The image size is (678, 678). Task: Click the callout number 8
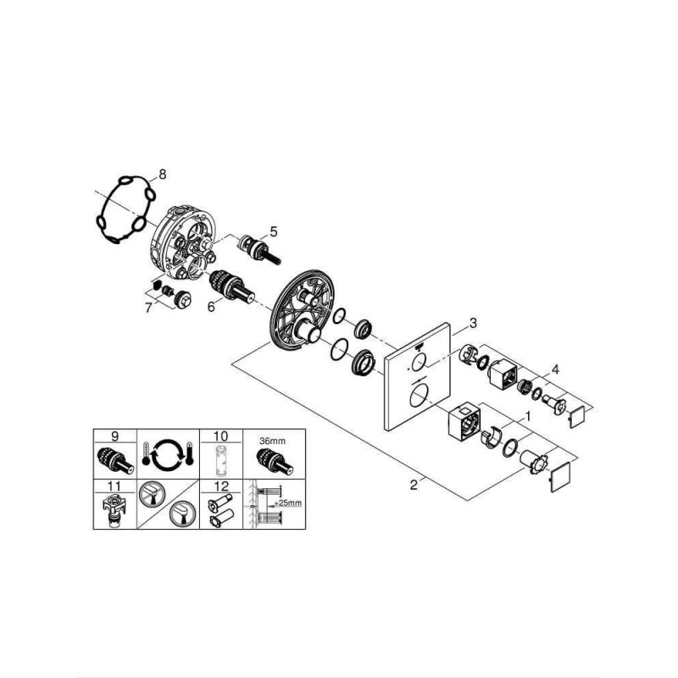point(162,175)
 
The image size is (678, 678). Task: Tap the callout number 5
point(273,231)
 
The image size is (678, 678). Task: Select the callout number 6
point(211,307)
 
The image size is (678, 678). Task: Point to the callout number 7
point(149,308)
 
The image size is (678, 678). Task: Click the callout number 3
point(474,323)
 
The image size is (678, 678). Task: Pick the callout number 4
point(555,370)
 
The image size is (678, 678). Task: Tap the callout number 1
point(527,417)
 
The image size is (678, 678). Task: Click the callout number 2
point(414,485)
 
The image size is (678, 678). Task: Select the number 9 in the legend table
point(114,436)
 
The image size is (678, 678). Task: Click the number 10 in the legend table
point(220,436)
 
